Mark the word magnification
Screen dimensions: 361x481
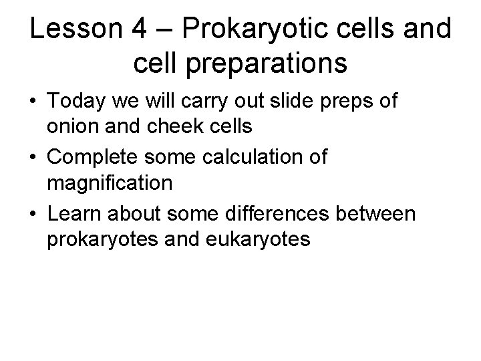point(110,182)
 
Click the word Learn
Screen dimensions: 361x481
point(74,215)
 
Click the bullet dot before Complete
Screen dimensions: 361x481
point(34,158)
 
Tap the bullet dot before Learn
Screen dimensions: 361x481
point(34,215)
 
